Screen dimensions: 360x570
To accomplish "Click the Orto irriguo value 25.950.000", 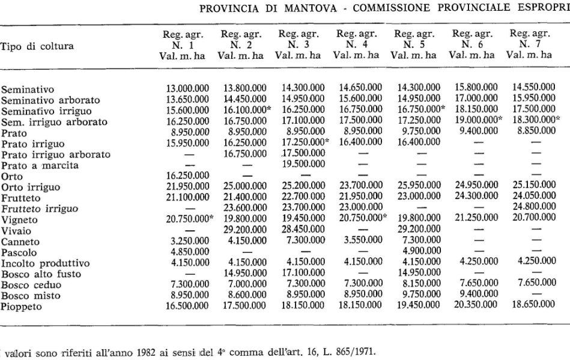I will click(x=419, y=187).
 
